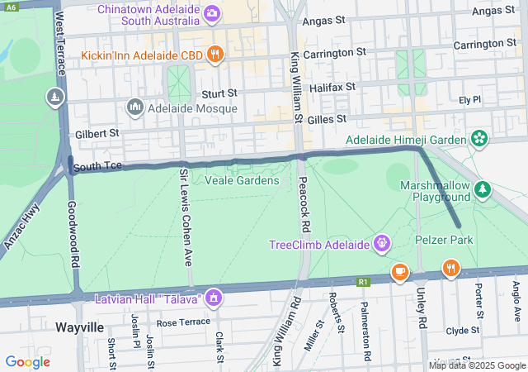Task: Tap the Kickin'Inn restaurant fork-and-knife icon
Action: (x=214, y=55)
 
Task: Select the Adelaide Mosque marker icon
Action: (x=134, y=107)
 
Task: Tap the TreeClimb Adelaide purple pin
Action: (x=381, y=244)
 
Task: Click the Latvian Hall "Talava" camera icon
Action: (x=214, y=297)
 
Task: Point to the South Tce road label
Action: (x=97, y=167)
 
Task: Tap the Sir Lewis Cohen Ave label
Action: (x=186, y=217)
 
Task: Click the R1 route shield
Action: (x=364, y=282)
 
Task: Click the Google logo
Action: (x=27, y=361)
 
